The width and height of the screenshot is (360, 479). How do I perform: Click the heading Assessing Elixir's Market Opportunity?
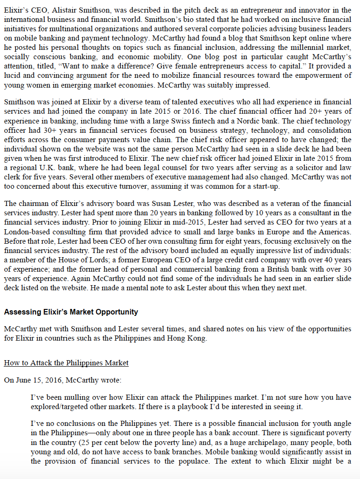[x=71, y=312]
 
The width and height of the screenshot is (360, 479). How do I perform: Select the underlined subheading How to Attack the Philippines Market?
[x=66, y=363]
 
